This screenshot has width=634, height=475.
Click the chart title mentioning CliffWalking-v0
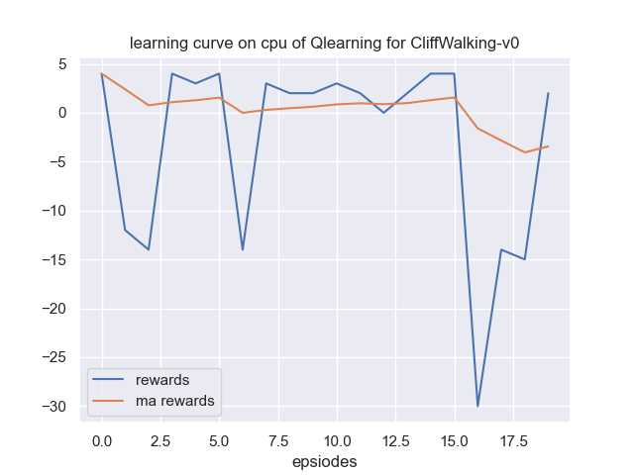[x=325, y=44]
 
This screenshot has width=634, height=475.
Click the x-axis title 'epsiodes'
[x=325, y=461]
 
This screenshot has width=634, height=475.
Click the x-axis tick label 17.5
[x=513, y=437]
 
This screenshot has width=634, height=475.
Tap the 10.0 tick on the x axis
[x=337, y=437]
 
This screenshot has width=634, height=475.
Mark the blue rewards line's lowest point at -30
[x=477, y=406]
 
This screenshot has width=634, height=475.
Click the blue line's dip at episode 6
[x=243, y=249]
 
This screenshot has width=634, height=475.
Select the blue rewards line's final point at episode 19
[x=548, y=93]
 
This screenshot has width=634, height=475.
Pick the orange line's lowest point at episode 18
[x=525, y=152]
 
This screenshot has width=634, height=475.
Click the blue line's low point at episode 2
[x=149, y=249]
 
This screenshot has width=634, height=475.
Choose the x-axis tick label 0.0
[x=102, y=437]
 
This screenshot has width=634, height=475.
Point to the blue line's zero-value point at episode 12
[x=383, y=113]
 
